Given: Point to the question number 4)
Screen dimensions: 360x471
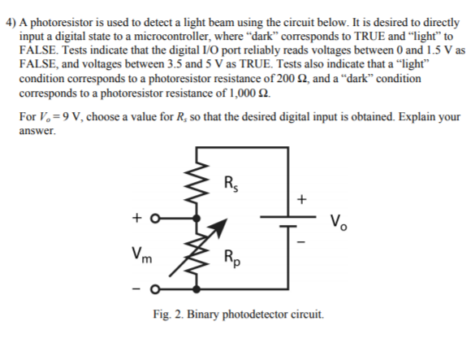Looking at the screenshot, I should click(11, 11).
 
